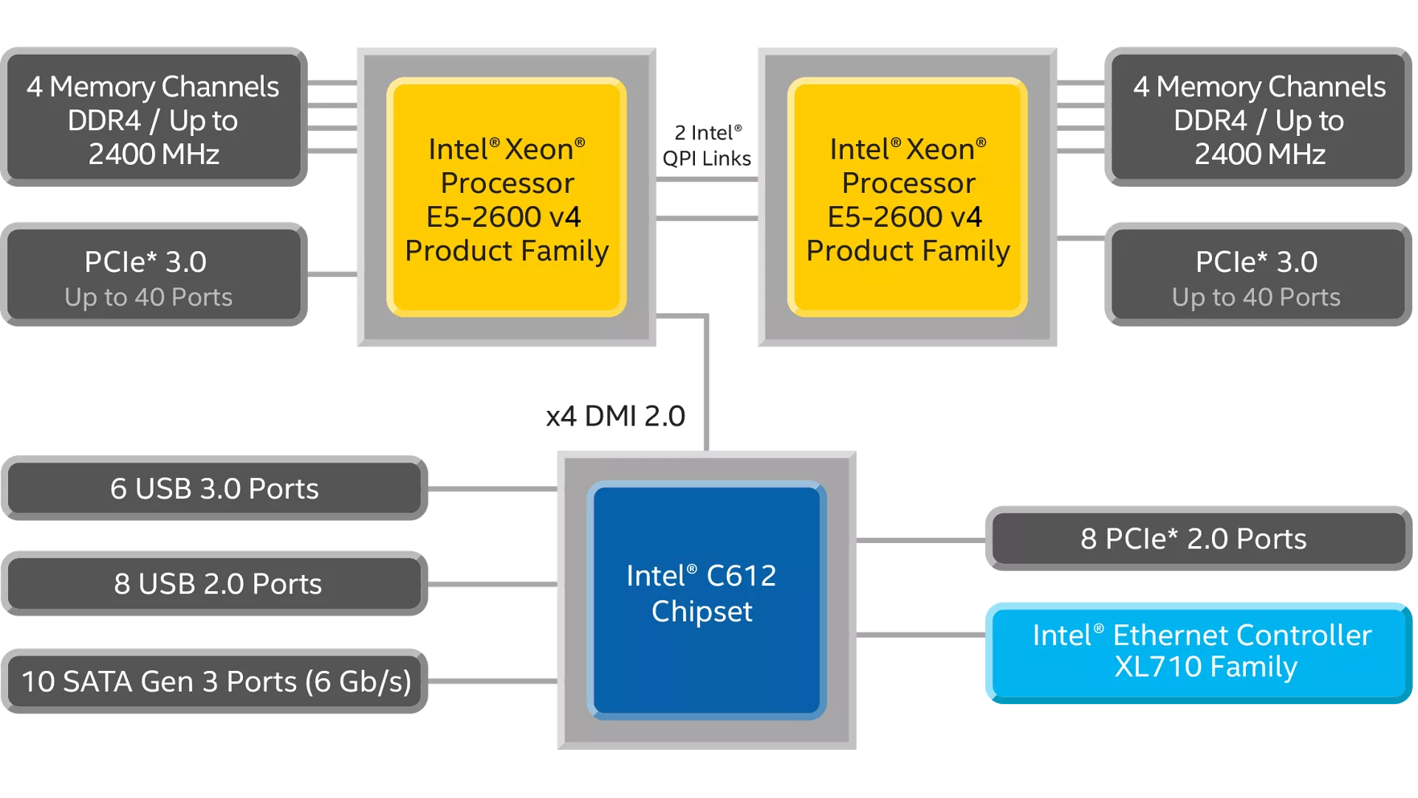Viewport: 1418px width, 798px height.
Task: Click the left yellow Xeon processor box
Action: coord(507,198)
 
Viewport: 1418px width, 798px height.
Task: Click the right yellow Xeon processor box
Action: coord(908,198)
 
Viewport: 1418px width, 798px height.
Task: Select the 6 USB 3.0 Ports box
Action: coord(214,488)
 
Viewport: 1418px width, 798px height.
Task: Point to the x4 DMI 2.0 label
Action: coord(615,416)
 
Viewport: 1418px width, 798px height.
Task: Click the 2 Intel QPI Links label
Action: coord(707,146)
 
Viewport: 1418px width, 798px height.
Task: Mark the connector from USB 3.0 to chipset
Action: coord(492,488)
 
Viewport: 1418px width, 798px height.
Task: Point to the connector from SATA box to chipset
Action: coord(492,681)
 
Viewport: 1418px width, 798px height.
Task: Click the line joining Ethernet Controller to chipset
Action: coord(920,635)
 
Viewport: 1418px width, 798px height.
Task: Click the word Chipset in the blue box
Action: coord(702,612)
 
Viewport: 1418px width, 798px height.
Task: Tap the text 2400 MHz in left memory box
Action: coord(154,154)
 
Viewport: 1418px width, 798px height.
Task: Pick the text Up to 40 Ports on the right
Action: coord(1256,297)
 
